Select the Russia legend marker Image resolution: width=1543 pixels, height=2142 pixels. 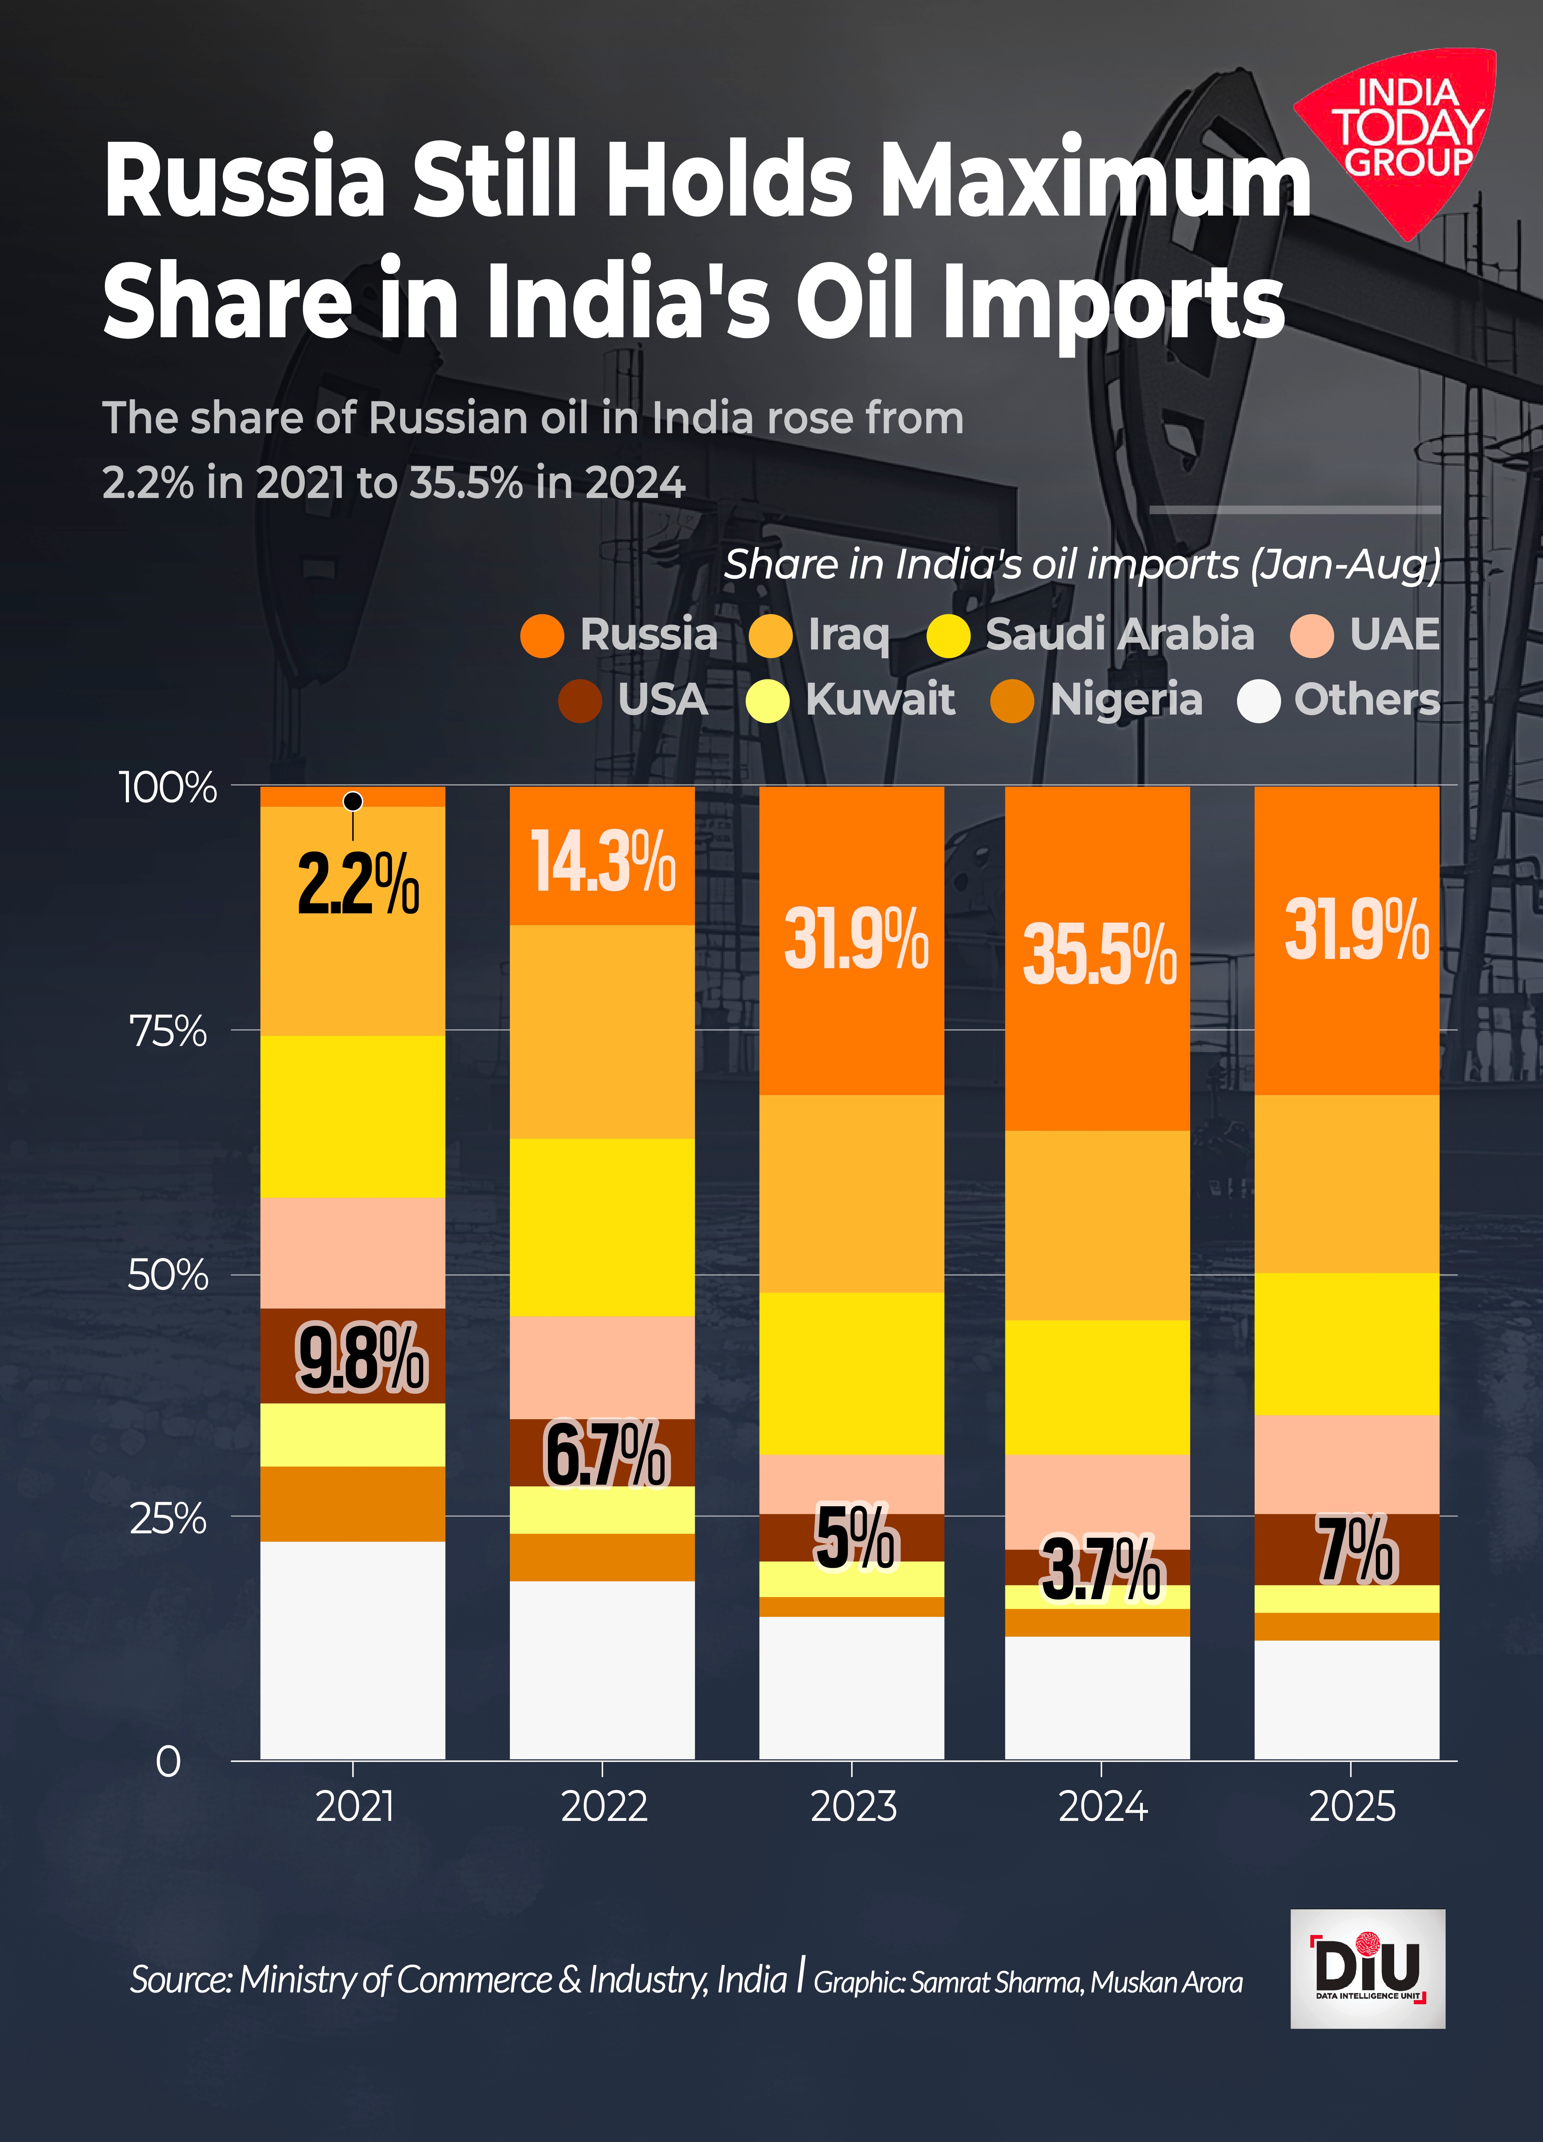click(x=542, y=636)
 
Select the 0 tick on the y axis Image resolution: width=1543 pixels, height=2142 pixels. click(x=168, y=1761)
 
